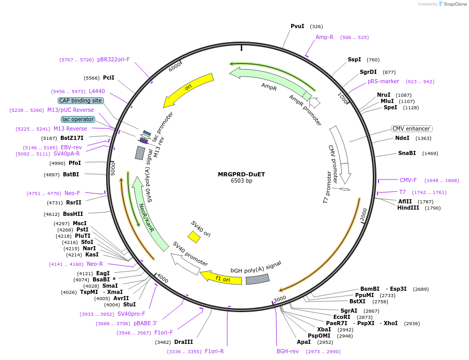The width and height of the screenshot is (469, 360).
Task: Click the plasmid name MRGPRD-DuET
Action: point(241,174)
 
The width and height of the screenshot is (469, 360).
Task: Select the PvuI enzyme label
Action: point(297,26)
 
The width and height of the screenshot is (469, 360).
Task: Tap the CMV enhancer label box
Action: point(411,128)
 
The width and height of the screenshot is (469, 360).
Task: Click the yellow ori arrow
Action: point(189,89)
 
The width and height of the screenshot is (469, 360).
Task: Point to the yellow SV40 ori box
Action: point(194,237)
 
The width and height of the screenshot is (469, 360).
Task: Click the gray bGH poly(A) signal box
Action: point(257,279)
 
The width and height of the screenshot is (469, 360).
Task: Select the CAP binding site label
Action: point(81,100)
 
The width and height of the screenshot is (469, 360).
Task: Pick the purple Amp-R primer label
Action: point(324,37)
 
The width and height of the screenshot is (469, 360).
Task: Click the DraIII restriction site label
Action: point(184,342)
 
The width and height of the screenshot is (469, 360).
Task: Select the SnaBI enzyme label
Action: point(407,153)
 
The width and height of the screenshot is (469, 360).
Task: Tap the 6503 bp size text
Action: point(241,181)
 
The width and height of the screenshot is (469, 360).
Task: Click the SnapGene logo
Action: point(450,4)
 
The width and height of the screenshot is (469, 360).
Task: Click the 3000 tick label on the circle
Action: point(280,299)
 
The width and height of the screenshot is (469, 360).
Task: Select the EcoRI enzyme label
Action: point(342,317)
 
